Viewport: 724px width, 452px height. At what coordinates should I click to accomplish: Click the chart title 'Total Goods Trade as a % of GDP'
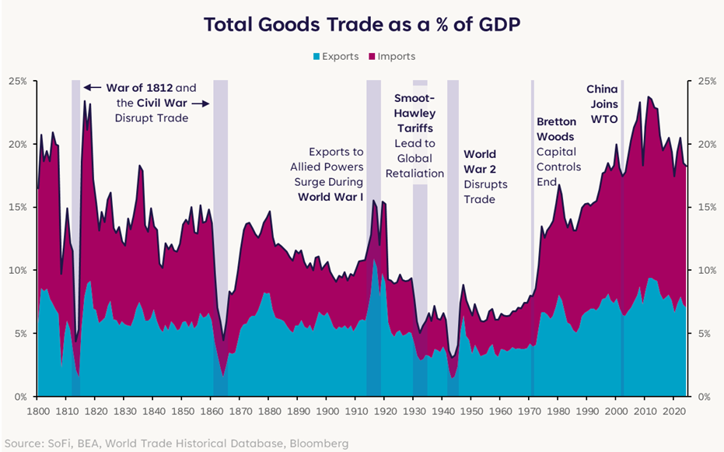click(x=362, y=24)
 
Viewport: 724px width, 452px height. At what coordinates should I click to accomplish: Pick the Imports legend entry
click(x=396, y=56)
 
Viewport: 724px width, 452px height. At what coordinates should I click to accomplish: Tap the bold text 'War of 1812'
click(x=139, y=87)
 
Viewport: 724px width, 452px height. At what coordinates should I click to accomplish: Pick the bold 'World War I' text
click(x=331, y=197)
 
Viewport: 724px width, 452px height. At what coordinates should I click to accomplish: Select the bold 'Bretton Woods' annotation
click(x=556, y=129)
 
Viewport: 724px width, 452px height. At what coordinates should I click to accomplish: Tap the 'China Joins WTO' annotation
click(x=602, y=104)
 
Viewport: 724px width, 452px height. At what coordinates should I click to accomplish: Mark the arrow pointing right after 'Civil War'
click(x=199, y=103)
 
